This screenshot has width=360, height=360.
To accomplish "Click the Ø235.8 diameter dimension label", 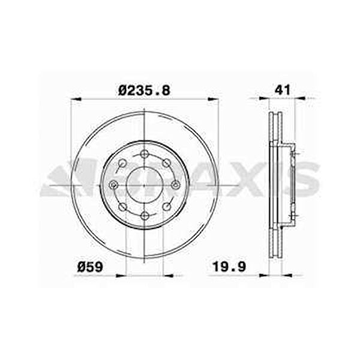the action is (x=145, y=90).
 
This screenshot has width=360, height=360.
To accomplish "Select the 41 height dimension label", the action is (x=283, y=89).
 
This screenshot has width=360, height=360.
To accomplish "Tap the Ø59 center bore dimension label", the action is (x=90, y=267).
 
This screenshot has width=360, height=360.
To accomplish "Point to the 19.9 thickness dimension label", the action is (x=229, y=266).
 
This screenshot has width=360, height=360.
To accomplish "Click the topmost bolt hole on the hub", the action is (x=144, y=154).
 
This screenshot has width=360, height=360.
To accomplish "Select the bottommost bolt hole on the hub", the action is (x=145, y=215).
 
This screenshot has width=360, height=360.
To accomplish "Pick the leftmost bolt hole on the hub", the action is (x=113, y=184).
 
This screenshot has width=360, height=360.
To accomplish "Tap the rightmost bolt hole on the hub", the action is (x=176, y=184).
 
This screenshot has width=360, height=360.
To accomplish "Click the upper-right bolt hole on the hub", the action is (x=166, y=163).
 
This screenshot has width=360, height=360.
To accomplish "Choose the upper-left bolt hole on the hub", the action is (x=122, y=163).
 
